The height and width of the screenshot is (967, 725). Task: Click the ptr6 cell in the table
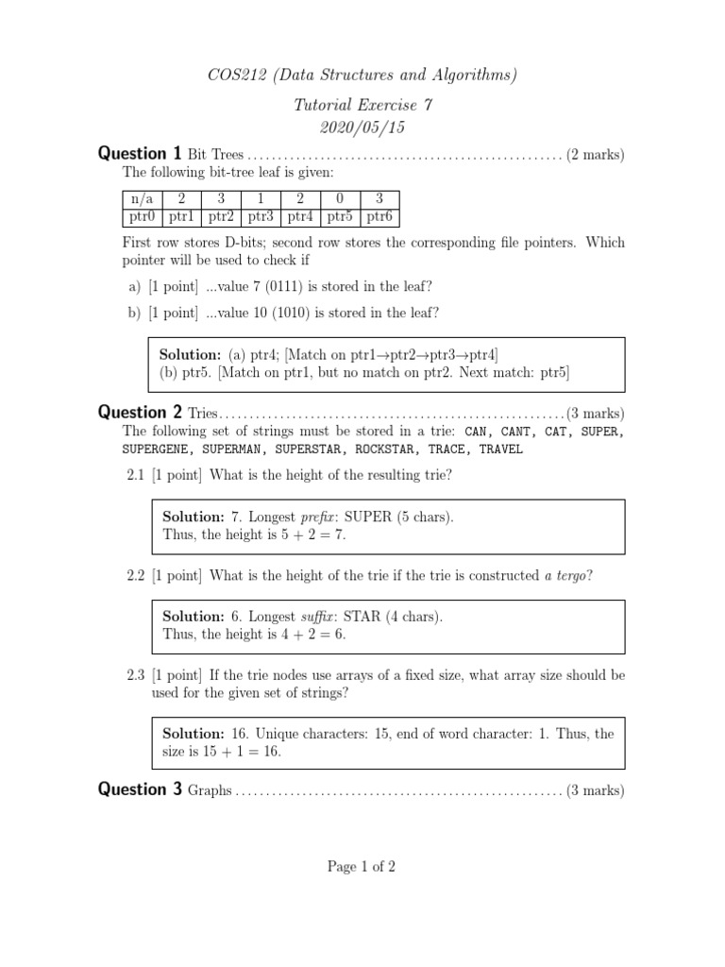(379, 217)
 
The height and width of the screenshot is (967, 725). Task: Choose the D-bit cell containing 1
(261, 199)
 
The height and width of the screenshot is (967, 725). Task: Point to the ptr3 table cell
(261, 217)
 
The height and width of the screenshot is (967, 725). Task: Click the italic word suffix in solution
(318, 617)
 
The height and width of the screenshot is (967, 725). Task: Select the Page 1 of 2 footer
(362, 868)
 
